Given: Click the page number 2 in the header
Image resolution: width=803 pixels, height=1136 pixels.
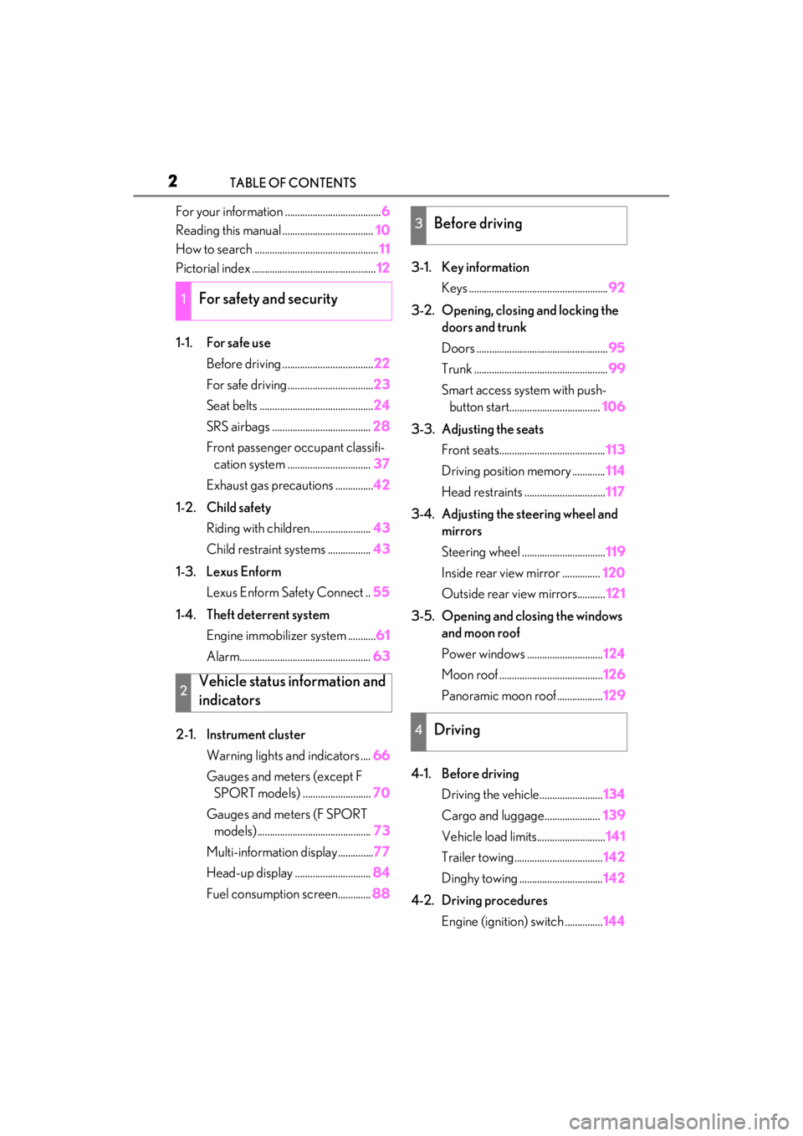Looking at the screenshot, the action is click(172, 181).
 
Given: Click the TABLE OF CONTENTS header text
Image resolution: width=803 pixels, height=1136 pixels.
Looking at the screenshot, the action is click(293, 182).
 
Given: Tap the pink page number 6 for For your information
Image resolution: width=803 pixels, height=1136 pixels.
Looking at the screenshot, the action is click(386, 211).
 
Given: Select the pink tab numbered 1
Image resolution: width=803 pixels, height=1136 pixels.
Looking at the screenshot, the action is click(183, 301).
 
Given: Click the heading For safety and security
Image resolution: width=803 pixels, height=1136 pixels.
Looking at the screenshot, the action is click(269, 299).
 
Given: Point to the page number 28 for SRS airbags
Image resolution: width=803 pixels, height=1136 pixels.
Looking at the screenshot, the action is click(381, 426).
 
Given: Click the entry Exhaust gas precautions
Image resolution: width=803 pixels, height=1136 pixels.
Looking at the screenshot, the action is click(269, 485).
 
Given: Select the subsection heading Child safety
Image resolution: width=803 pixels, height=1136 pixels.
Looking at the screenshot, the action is click(238, 507).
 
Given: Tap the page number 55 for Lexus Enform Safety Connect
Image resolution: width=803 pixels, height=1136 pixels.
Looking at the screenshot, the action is click(381, 591).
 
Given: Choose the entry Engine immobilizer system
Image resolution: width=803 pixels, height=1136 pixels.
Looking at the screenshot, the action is click(276, 636).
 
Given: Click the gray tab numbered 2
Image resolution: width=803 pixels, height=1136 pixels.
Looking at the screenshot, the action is click(183, 693).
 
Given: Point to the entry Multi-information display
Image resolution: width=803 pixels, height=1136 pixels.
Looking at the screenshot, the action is click(272, 852).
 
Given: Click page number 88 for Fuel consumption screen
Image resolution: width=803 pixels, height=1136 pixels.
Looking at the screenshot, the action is click(381, 893).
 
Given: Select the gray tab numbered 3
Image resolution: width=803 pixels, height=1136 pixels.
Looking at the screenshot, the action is click(419, 225).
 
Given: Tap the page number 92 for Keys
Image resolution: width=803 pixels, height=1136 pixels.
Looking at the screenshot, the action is click(616, 288).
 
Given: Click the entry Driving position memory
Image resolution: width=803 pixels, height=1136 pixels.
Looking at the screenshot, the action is click(506, 471).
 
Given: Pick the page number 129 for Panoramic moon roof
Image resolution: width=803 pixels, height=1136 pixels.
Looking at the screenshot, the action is click(614, 695).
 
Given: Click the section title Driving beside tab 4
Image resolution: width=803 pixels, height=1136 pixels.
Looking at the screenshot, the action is click(457, 729).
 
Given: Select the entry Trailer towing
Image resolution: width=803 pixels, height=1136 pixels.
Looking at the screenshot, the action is click(478, 857).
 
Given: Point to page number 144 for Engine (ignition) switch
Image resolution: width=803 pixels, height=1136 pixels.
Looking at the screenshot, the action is click(614, 921).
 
